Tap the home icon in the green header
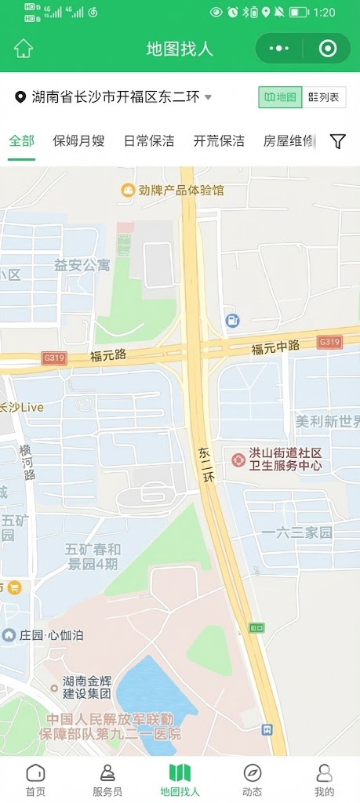pyautogui.click(x=24, y=48)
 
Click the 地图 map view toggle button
pyautogui.click(x=280, y=97)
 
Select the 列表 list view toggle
pyautogui.click(x=324, y=97)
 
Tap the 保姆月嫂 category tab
pyautogui.click(x=78, y=141)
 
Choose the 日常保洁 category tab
pyautogui.click(x=149, y=141)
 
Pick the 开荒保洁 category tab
pyautogui.click(x=219, y=141)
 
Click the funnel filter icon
pyautogui.click(x=337, y=141)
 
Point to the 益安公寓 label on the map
pyautogui.click(x=82, y=265)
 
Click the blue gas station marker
pyautogui.click(x=233, y=320)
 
